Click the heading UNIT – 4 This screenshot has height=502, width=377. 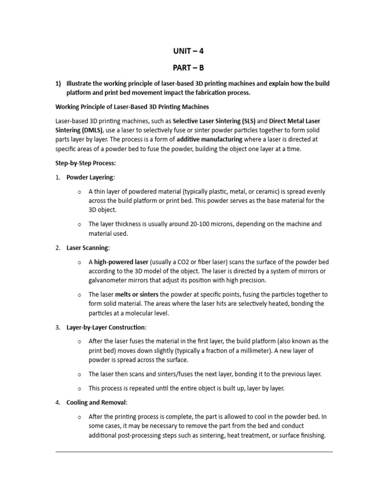click(188, 50)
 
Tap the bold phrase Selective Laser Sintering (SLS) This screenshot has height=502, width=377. click(214, 121)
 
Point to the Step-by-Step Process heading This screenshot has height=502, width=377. click(85, 163)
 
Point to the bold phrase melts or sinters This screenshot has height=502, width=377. click(136, 295)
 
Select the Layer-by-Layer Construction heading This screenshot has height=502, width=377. click(106, 327)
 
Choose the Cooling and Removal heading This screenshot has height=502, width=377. click(96, 402)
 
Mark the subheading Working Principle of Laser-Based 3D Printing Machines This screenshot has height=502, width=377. click(132, 106)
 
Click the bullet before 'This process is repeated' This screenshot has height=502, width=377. click(79, 388)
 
